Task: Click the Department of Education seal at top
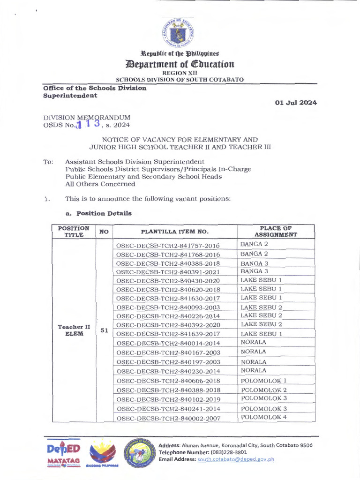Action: coord(178,32)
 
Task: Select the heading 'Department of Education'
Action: coord(180,64)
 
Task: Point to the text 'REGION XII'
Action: coord(180,73)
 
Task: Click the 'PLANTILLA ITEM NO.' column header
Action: coord(175,232)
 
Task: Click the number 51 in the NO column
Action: coord(104,330)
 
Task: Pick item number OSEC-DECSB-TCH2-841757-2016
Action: coord(168,246)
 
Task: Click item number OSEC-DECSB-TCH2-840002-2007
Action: coord(168,418)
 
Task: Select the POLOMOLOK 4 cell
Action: coord(263,417)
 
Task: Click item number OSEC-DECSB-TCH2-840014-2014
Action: coord(168,343)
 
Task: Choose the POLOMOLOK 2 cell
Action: coord(263,390)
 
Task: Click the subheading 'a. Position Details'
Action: coord(98,213)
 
